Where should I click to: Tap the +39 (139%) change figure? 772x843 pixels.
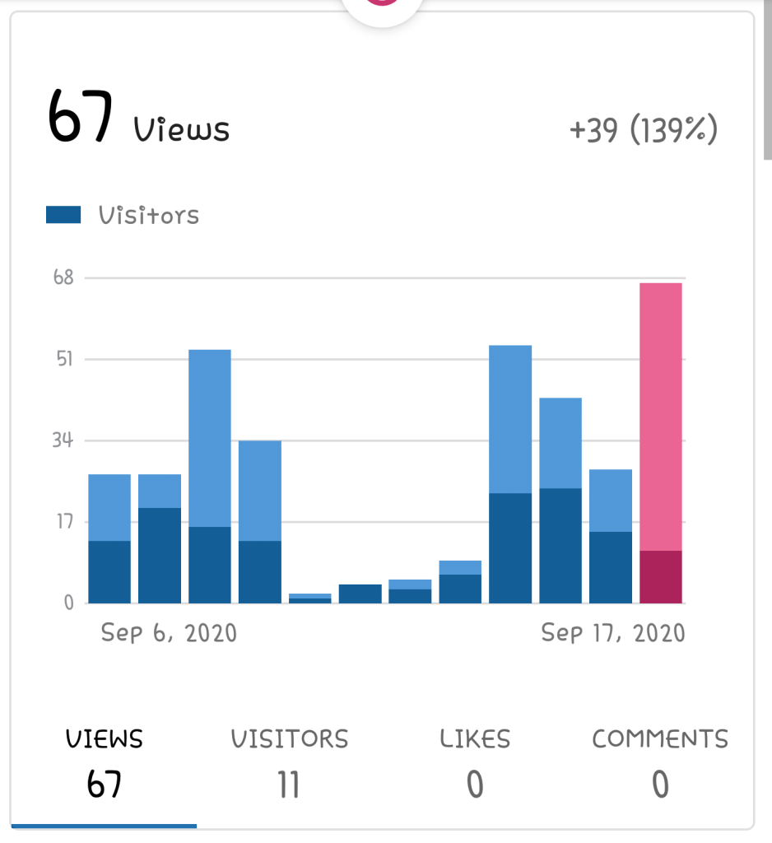pos(644,130)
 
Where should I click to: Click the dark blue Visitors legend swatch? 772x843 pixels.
pos(63,215)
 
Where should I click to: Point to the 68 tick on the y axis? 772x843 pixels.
pos(63,277)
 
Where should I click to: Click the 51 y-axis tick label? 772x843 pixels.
pos(64,359)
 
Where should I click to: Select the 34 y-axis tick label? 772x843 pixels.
pos(63,440)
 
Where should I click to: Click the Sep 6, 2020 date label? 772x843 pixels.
pos(169,632)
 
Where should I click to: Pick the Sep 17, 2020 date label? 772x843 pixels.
pos(613,632)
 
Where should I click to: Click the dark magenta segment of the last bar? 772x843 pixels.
pos(660,576)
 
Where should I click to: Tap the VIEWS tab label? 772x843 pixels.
pos(104,738)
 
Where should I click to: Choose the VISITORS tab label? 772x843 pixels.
pos(289,738)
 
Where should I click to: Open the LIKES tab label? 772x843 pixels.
pos(475,738)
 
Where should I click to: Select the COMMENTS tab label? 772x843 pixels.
pos(660,738)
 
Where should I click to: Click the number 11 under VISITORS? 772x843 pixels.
pos(289,785)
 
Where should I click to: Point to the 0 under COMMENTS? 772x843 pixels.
pos(660,785)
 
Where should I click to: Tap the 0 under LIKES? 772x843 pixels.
pos(475,785)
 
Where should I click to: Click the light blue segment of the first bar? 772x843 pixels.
pos(109,507)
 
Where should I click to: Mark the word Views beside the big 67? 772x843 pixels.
pos(182,129)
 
